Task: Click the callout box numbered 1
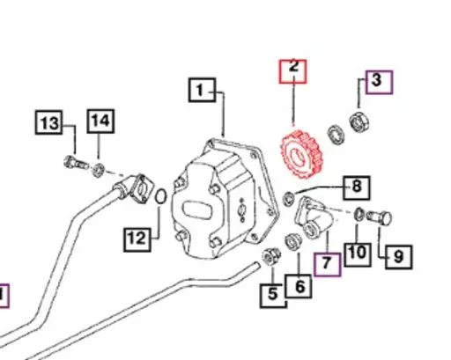point(202,90)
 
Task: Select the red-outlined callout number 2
point(293,70)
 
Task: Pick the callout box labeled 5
point(273,295)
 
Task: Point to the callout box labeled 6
point(298,286)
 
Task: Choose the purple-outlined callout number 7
point(327,263)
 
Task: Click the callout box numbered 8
point(357,187)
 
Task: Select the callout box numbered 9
point(398,257)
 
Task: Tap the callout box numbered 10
point(357,253)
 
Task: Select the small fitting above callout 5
point(272,257)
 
